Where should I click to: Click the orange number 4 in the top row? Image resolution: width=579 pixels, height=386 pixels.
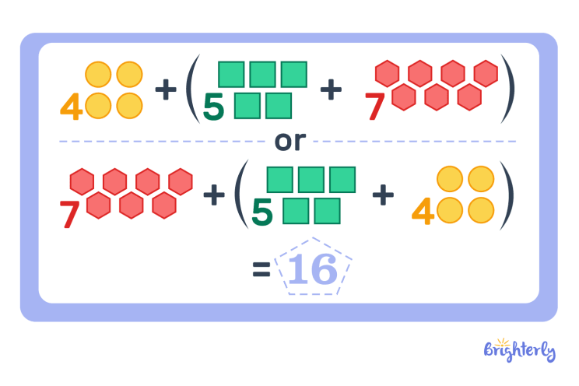[72, 107]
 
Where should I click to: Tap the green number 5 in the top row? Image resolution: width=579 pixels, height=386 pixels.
[213, 107]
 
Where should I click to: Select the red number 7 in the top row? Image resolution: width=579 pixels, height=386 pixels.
[377, 107]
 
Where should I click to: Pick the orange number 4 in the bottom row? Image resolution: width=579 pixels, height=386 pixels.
[423, 212]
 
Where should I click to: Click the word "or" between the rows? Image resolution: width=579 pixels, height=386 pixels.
[290, 142]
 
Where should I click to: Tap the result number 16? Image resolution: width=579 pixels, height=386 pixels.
[313, 269]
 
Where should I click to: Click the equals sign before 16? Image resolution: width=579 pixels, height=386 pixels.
[261, 270]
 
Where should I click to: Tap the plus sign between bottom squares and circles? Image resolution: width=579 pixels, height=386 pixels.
[382, 195]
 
